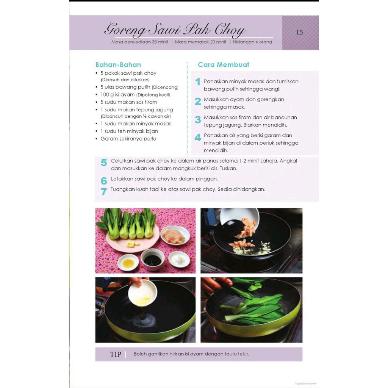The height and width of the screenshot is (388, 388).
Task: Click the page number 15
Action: click(299, 33)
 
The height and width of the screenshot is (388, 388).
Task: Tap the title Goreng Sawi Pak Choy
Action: click(175, 30)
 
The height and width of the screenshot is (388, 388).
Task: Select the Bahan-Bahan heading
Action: click(118, 64)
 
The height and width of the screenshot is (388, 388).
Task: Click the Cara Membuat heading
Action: click(224, 64)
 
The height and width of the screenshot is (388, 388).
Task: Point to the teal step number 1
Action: click(197, 82)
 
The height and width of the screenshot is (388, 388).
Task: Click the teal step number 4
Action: click(198, 137)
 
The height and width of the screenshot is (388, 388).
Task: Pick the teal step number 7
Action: click(104, 191)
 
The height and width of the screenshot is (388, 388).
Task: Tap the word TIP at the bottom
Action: click(116, 354)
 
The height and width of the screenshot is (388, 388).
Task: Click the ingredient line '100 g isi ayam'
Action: click(135, 95)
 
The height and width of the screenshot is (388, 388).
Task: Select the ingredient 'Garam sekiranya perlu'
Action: click(128, 139)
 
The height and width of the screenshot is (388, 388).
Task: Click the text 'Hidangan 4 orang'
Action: click(252, 42)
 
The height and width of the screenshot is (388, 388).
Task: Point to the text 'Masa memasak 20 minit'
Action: click(200, 42)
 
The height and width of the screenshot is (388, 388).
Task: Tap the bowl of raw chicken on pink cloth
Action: click(175, 236)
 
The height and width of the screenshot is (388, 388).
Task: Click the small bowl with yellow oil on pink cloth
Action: click(128, 263)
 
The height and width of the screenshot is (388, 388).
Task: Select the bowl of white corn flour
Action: click(179, 260)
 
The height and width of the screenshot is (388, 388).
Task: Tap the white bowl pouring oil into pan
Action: click(142, 293)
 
